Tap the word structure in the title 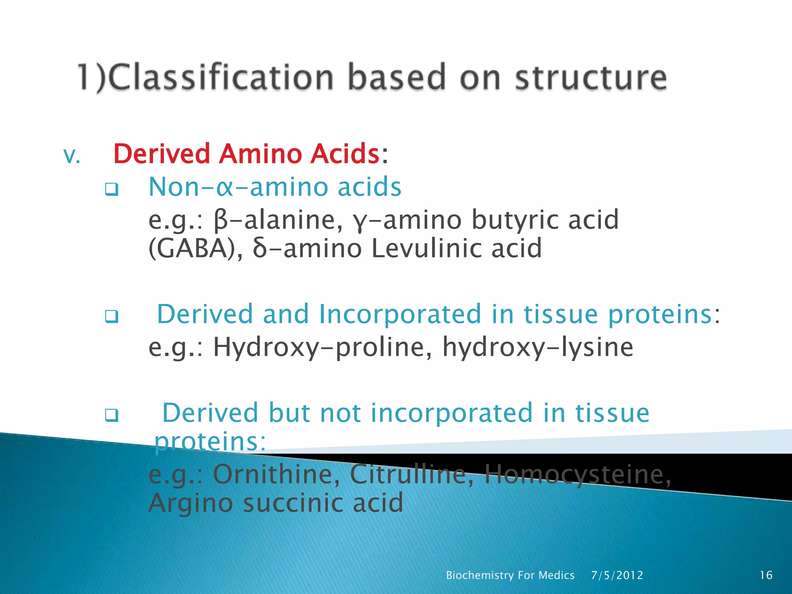(x=591, y=77)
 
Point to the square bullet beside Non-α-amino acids (x=111, y=189)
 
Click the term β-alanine (x=278, y=220)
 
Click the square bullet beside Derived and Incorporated (x=111, y=317)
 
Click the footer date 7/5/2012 (x=617, y=575)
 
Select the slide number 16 (x=766, y=575)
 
